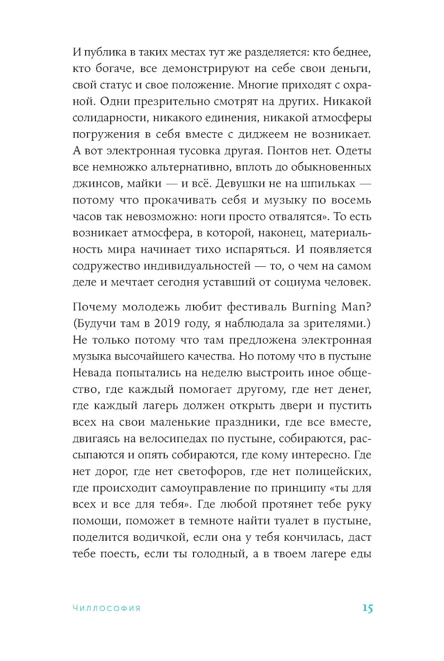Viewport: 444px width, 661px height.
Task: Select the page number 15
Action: click(x=367, y=608)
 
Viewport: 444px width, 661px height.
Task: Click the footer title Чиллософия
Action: click(x=107, y=609)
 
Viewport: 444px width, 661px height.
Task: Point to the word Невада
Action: click(x=91, y=373)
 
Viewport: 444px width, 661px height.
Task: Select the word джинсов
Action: click(x=96, y=184)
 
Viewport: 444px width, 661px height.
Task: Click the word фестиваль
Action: click(x=256, y=307)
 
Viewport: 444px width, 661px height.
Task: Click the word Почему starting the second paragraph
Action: click(x=94, y=307)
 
